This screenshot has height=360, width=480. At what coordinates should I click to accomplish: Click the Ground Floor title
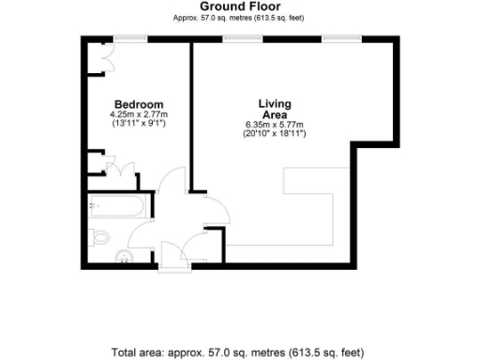click(x=239, y=7)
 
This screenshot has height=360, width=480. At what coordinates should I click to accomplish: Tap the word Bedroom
click(x=138, y=104)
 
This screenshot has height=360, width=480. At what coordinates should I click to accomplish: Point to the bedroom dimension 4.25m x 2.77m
click(x=138, y=114)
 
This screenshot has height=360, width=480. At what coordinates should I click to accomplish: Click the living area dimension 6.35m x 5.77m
click(x=274, y=125)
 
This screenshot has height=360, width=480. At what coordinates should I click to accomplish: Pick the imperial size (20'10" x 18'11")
click(x=274, y=134)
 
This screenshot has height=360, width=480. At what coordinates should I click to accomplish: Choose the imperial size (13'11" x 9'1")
click(x=138, y=124)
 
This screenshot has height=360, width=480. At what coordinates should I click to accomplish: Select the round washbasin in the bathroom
click(x=122, y=256)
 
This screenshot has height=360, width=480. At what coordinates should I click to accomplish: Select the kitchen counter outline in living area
click(x=309, y=211)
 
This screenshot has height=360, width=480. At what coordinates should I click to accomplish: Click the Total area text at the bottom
click(x=239, y=352)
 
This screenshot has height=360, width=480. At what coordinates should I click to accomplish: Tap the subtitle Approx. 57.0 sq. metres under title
click(x=239, y=18)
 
